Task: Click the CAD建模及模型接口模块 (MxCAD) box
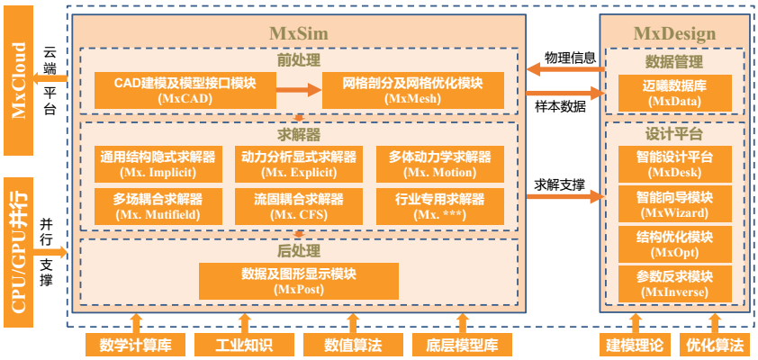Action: point(185,89)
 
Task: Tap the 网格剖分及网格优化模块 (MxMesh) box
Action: point(412,89)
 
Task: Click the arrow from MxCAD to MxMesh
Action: point(298,89)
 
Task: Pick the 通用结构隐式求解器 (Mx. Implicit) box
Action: point(158,164)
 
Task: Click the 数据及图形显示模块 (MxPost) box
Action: point(299,281)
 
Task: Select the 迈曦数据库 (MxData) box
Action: point(674,94)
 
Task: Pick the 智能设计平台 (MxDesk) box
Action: point(674,164)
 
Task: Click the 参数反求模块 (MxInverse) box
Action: point(674,283)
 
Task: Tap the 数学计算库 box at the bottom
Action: point(136,345)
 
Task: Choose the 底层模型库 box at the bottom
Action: point(463,345)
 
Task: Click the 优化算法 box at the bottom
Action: point(715,345)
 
